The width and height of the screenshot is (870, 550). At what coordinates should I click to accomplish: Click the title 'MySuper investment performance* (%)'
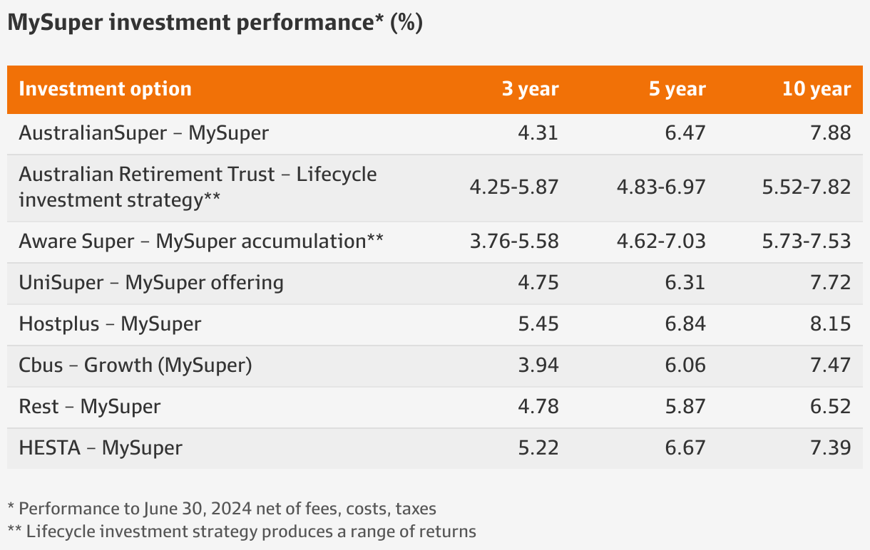click(215, 23)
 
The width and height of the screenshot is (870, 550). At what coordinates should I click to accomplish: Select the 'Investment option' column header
click(105, 89)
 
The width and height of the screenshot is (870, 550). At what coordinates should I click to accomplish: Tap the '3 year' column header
click(530, 89)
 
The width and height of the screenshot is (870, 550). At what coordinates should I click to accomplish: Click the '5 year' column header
click(676, 89)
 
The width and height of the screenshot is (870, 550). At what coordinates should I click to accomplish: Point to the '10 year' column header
click(816, 89)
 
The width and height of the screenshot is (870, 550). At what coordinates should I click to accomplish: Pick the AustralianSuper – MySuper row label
click(143, 133)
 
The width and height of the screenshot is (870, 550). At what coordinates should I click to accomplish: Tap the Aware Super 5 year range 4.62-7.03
click(660, 242)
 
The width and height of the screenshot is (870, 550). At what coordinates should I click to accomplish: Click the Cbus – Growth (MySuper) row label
click(135, 365)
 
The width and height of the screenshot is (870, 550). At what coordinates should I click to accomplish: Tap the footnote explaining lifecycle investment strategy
click(242, 531)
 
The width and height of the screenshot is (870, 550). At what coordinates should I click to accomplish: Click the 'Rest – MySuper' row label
click(90, 407)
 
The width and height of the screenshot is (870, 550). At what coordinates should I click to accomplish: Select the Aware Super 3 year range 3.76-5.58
click(514, 242)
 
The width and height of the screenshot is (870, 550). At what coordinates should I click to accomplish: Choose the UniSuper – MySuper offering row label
click(151, 283)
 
